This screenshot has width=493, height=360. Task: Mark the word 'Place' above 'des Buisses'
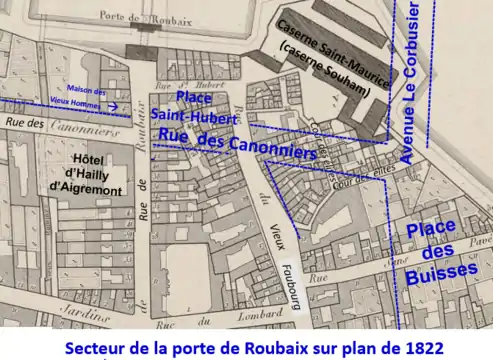pyautogui.click(x=432, y=229)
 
